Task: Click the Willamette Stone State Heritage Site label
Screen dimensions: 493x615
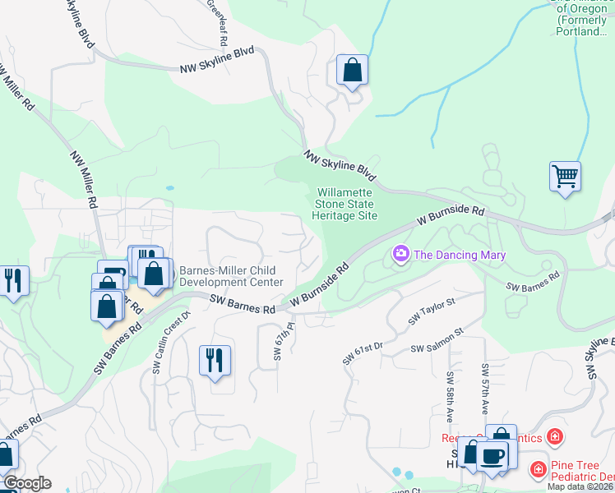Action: (x=344, y=204)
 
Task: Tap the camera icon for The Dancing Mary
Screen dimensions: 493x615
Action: (x=401, y=254)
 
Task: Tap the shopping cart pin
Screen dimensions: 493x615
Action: (x=565, y=177)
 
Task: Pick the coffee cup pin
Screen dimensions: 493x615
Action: (x=493, y=456)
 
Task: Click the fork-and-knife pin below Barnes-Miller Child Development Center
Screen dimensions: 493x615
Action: (x=215, y=361)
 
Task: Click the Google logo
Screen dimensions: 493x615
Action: (x=27, y=483)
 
